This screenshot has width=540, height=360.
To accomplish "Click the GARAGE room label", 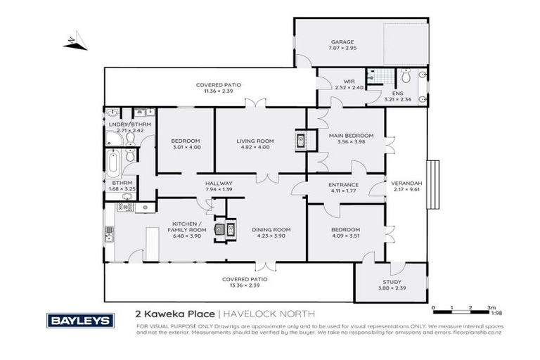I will pos(343,42).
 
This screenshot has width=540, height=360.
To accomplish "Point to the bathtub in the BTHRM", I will pos(112,162).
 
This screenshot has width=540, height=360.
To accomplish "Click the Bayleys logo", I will pos(79,320).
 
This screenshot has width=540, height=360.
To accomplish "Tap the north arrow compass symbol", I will pos(75,43).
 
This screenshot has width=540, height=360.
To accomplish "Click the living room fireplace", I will pos(300,141).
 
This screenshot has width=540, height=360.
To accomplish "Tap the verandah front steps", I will pos(433,184).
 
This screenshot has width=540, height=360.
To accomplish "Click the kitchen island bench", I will pos(150,243).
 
